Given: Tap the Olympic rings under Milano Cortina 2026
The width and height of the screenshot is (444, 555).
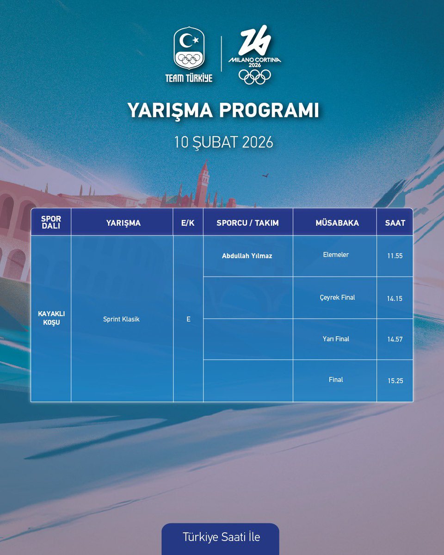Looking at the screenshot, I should pyautogui.click(x=254, y=76).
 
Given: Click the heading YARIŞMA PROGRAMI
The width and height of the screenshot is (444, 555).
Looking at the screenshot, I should pyautogui.click(x=223, y=111).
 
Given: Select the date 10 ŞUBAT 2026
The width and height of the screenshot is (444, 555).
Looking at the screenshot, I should pyautogui.click(x=223, y=142).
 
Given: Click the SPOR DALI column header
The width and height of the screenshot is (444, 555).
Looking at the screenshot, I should pyautogui.click(x=51, y=222).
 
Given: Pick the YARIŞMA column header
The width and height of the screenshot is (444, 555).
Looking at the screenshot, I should pyautogui.click(x=123, y=223).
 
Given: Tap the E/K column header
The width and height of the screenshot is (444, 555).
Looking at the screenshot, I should pyautogui.click(x=188, y=223).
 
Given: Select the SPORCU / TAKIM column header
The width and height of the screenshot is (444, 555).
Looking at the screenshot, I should pyautogui.click(x=247, y=223).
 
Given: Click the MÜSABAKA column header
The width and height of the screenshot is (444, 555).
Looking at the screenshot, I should pyautogui.click(x=335, y=223).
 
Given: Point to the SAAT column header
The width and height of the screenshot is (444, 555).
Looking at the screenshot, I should pyautogui.click(x=395, y=223).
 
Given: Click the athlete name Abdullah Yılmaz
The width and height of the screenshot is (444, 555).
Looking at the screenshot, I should pyautogui.click(x=247, y=256).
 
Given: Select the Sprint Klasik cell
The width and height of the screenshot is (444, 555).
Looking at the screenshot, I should pyautogui.click(x=121, y=319).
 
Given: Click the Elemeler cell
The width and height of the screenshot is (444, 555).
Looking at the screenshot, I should pyautogui.click(x=336, y=255).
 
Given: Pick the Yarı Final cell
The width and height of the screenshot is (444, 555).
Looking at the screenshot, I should pyautogui.click(x=336, y=339).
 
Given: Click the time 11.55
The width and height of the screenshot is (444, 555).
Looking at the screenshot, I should pyautogui.click(x=395, y=256).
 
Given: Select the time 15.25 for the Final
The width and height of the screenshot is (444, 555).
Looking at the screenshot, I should pyautogui.click(x=395, y=381).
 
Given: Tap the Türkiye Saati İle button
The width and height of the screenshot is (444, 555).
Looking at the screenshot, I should pyautogui.click(x=221, y=537).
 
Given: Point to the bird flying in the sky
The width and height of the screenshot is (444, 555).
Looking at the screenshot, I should pyautogui.click(x=265, y=175).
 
